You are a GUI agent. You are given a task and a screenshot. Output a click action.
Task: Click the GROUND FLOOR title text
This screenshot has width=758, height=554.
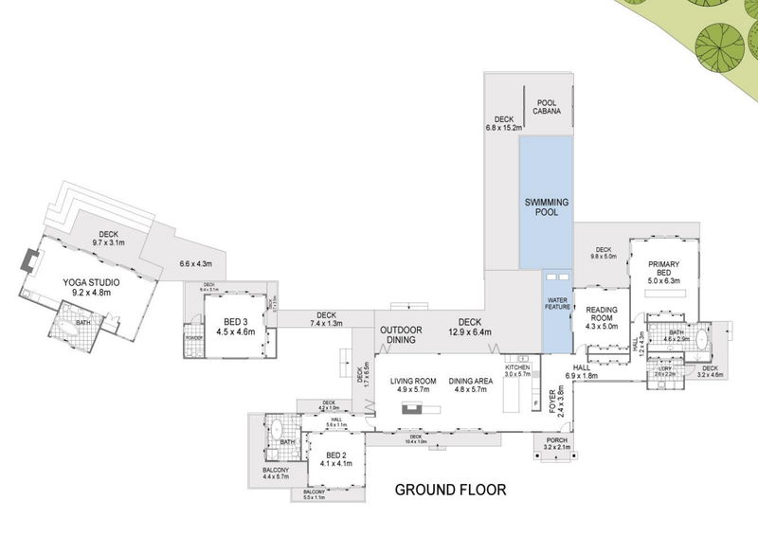click(450, 491)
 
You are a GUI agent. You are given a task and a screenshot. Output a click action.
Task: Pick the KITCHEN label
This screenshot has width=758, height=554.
click(517, 367)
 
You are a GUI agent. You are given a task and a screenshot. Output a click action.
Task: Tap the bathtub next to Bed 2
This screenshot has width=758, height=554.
click(278, 431)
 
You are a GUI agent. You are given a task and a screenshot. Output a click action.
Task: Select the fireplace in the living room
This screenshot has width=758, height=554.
click(413, 409)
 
